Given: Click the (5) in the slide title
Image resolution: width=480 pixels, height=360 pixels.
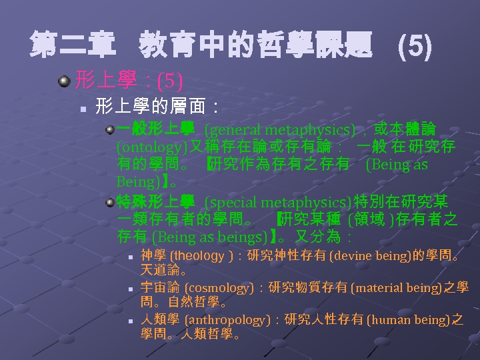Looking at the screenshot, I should [x=414, y=47].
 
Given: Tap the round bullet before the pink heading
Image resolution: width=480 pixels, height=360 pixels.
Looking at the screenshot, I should [x=64, y=81].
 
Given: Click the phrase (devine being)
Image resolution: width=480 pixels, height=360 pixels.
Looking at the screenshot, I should [x=371, y=256].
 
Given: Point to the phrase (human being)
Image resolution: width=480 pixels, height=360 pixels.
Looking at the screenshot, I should [x=410, y=320].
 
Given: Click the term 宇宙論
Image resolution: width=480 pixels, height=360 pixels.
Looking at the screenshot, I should [x=160, y=288].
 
